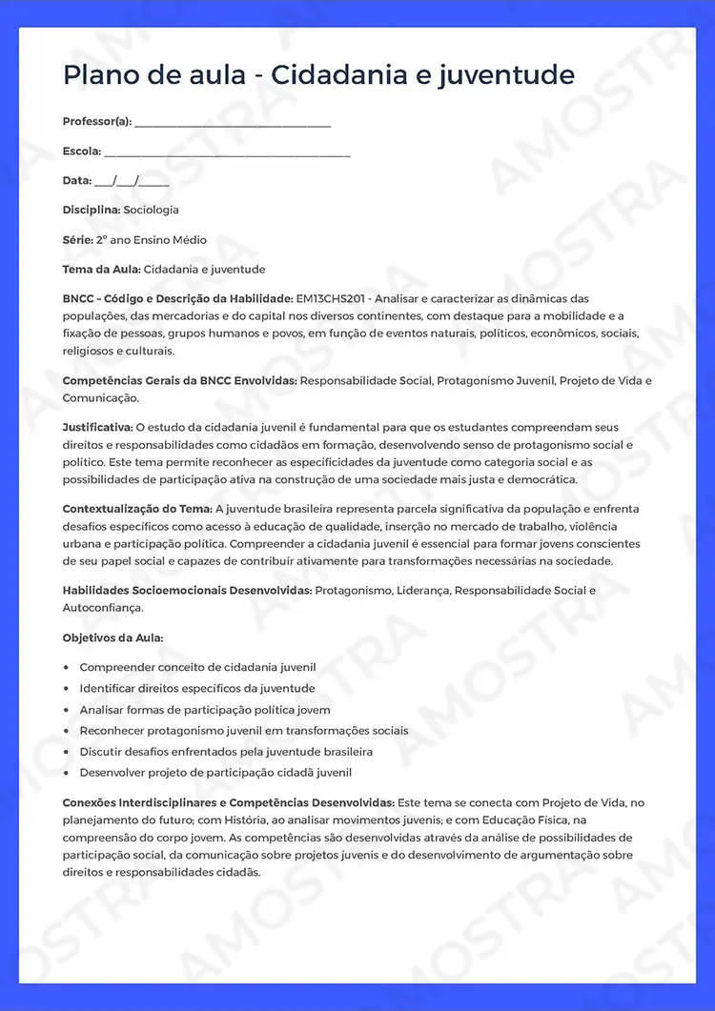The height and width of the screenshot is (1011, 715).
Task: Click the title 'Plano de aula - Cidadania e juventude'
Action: tap(318, 75)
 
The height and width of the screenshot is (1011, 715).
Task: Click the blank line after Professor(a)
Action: tap(233, 123)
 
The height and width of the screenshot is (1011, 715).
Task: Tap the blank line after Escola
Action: tap(227, 152)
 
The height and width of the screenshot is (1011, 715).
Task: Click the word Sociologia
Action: tap(151, 210)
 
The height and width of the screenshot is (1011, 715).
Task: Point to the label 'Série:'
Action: tap(77, 240)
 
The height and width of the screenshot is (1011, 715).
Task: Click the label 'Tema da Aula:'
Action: tap(102, 270)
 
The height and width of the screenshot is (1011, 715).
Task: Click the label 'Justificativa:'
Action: tap(97, 428)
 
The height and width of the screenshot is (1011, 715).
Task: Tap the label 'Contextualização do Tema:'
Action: tap(137, 510)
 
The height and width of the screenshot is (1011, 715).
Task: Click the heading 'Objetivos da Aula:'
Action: tap(112, 637)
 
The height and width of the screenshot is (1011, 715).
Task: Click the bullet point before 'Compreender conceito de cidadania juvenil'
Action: tap(66, 668)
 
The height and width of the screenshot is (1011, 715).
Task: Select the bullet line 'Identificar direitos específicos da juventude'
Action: tap(196, 689)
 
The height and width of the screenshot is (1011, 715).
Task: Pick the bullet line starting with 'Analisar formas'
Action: tap(205, 710)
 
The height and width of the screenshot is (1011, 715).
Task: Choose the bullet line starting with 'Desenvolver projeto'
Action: tap(215, 773)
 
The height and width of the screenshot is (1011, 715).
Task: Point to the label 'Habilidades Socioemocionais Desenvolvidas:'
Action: tap(187, 591)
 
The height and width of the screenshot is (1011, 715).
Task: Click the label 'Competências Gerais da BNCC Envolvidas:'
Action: tap(180, 381)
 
